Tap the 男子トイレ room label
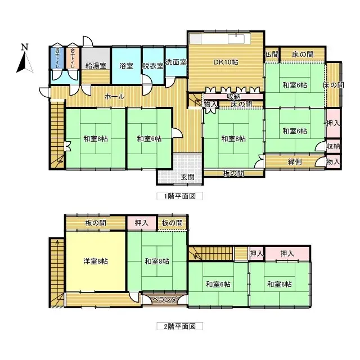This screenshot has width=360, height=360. [x=57, y=58]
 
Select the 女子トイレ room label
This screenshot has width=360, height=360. [x=73, y=58]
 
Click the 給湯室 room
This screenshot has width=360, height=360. [x=96, y=66]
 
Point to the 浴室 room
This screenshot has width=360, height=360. [x=126, y=66]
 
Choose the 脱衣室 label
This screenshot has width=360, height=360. [x=152, y=66]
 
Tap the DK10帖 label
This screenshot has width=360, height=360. [x=225, y=62]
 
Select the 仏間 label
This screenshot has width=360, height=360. [x=271, y=54]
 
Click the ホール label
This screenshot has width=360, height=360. [x=115, y=96]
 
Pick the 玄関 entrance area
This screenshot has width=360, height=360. [x=187, y=177]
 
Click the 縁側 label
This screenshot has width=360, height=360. [x=295, y=161]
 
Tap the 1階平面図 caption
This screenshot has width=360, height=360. [x=179, y=197]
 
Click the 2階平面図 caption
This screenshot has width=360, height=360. [x=179, y=326]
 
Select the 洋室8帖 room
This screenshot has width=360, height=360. [x=96, y=261]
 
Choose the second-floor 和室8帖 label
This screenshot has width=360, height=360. [x=156, y=261]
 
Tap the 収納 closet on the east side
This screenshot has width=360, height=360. [x=333, y=146]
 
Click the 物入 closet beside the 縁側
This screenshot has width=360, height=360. [x=333, y=162]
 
